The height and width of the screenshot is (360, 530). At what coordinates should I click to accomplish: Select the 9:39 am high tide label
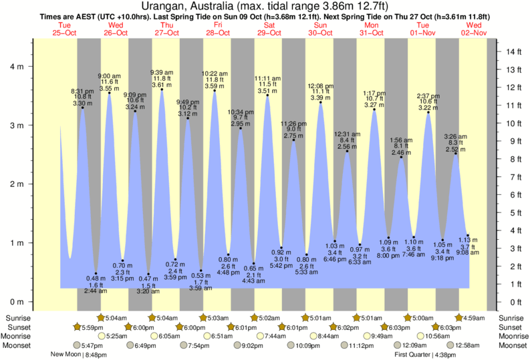[x=162, y=72]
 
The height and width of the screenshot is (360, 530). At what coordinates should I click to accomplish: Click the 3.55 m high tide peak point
[x=110, y=93]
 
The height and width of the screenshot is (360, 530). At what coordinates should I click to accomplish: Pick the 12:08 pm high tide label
[x=320, y=86]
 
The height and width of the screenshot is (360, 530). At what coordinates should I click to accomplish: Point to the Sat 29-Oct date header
[x=269, y=29]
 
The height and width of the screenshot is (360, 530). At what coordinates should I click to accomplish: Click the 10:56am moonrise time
[x=438, y=336]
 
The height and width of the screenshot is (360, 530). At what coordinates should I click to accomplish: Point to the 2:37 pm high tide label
[x=428, y=96]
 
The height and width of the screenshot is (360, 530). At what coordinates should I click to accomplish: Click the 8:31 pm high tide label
[x=82, y=90]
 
